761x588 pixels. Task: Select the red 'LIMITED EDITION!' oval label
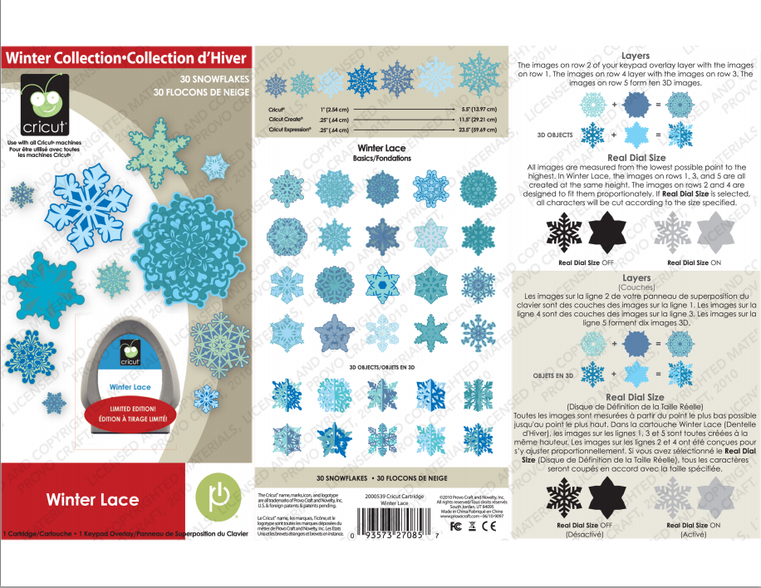[129, 413]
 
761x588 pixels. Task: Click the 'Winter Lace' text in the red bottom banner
[92, 499]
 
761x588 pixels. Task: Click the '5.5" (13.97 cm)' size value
[479, 109]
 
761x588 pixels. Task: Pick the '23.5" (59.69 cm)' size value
[479, 130]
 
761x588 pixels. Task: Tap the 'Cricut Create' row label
[285, 120]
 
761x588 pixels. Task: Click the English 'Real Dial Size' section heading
[636, 157]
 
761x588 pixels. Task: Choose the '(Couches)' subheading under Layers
[636, 286]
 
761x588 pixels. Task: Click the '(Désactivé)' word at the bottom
[584, 535]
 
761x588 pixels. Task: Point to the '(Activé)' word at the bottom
[691, 535]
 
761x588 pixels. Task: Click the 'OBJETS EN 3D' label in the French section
[553, 375]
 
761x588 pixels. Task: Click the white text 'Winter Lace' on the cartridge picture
[130, 387]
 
